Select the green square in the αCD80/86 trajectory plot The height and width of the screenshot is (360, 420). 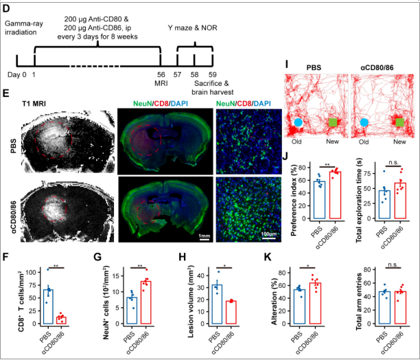coord(397,122)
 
